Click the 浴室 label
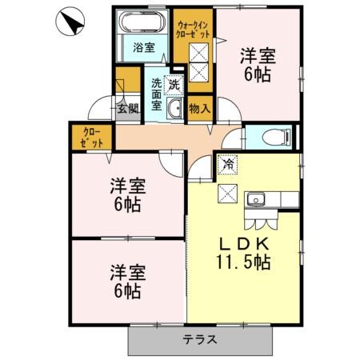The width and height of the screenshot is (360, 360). (143, 46)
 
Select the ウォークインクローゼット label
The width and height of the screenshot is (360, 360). (194, 30)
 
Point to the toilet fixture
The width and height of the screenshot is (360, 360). (266, 136)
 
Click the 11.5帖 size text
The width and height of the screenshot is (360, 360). (242, 262)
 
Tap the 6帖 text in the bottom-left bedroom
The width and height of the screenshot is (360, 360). (126, 291)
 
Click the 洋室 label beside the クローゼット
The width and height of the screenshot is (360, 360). (126, 186)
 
